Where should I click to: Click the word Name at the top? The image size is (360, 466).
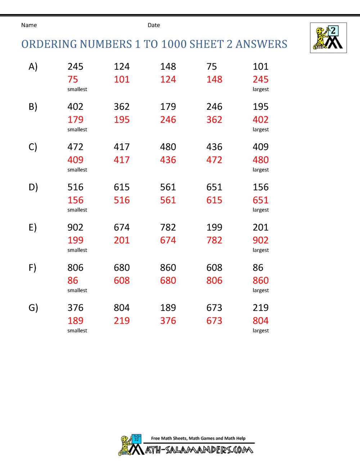(x=29, y=25)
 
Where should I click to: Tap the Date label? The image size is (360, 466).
(x=154, y=25)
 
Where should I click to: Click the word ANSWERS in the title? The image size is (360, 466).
(x=261, y=44)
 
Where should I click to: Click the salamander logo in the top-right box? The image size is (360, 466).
(x=328, y=38)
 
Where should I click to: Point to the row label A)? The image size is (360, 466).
(x=33, y=67)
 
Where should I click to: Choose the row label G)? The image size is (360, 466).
(x=33, y=308)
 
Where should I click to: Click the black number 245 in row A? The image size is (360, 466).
(x=75, y=67)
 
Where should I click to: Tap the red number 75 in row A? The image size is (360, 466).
(x=73, y=80)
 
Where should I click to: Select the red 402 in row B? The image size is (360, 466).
(x=261, y=120)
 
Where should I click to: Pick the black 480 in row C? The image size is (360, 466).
(x=168, y=147)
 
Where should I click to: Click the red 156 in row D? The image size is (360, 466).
(x=75, y=200)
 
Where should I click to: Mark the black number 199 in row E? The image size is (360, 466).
(x=214, y=228)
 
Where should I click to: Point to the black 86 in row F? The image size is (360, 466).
(x=258, y=268)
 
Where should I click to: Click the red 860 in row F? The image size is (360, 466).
(x=261, y=281)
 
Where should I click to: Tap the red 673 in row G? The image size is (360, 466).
(x=214, y=321)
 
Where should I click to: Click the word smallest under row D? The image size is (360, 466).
(x=77, y=210)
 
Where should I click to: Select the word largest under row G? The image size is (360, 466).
(x=261, y=331)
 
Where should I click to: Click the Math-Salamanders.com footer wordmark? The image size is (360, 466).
(x=199, y=450)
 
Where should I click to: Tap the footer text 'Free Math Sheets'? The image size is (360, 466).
(x=169, y=438)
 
